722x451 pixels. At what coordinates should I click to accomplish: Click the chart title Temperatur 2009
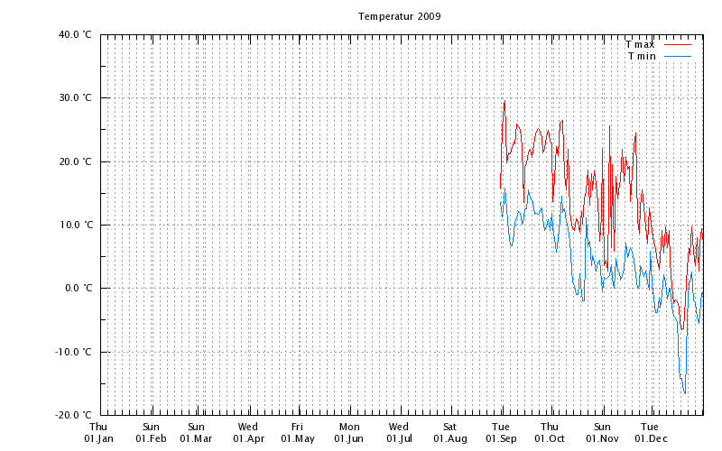pos(399,16)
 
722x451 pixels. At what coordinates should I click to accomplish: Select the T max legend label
pos(640,44)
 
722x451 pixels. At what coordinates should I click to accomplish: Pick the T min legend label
pos(642,56)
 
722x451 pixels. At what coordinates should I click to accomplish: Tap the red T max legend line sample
pos(678,44)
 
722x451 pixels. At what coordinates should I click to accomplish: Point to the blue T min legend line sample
pos(678,56)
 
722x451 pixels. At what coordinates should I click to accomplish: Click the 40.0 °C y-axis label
pos(75,35)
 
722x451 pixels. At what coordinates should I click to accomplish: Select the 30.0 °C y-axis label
pos(75,98)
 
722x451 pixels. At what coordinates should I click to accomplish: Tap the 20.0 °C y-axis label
pos(75,162)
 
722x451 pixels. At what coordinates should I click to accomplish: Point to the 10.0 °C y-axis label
pos(75,225)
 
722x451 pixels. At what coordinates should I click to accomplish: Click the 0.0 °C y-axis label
pos(78,289)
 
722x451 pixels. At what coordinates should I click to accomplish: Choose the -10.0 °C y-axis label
pos(73,353)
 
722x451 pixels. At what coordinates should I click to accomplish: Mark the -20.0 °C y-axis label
pos(73,416)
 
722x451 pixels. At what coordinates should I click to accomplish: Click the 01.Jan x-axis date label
pos(99,438)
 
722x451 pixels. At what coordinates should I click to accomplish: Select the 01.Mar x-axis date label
pos(196,438)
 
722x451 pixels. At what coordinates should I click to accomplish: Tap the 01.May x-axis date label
pos(297,438)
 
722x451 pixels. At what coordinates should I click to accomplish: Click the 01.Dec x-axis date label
pos(650,438)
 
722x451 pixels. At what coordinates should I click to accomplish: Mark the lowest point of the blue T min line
pos(685,394)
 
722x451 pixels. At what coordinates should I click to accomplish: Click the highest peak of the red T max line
pos(504,101)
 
